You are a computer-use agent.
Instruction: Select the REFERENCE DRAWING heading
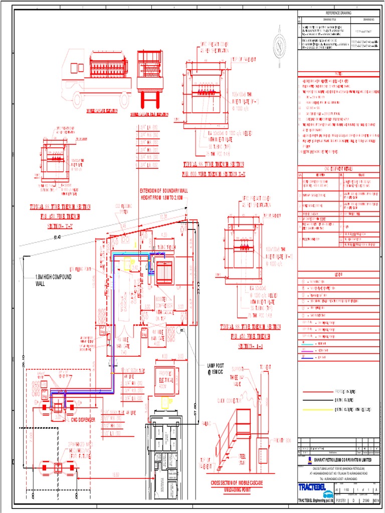point(339,13)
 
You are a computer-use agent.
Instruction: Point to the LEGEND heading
point(339,274)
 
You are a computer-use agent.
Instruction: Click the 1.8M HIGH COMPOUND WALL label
point(54,280)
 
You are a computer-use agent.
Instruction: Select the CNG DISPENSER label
point(79,419)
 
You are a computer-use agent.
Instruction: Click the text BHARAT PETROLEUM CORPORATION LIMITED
point(342,458)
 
